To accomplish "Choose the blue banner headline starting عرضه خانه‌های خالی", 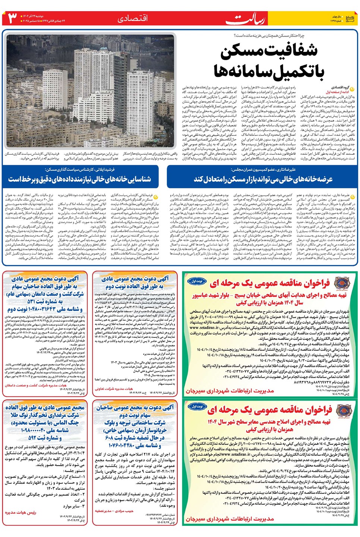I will pos(263,179).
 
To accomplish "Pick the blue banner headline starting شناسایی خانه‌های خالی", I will pos(80,179).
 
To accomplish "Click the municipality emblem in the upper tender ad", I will pos(342,283).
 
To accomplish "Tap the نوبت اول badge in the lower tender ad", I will pos(197,406).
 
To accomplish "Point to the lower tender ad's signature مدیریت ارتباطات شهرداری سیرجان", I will pos(230,519).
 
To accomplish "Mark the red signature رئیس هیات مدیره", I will pos(20,512).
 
